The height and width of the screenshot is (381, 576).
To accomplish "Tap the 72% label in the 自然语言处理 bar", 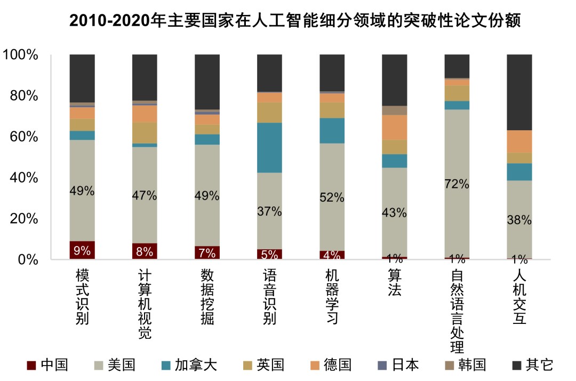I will pyautogui.click(x=457, y=185).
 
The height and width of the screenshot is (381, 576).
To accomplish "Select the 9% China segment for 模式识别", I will pyautogui.click(x=82, y=250).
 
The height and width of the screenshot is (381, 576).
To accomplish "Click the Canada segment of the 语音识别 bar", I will pyautogui.click(x=269, y=147).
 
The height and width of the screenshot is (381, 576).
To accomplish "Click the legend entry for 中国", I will pyautogui.click(x=48, y=365).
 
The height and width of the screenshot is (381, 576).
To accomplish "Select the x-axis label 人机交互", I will pyautogui.click(x=519, y=297).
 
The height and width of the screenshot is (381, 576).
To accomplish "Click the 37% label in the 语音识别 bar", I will pyautogui.click(x=269, y=211).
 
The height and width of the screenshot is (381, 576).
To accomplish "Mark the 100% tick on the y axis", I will pyautogui.click(x=20, y=54).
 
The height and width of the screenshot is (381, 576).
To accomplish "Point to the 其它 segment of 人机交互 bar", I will pyautogui.click(x=519, y=92).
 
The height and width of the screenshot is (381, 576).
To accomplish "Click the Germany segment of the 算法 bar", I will pyautogui.click(x=395, y=127).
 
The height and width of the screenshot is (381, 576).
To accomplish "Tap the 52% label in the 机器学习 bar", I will pyautogui.click(x=332, y=197).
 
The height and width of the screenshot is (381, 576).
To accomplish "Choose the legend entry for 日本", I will pyautogui.click(x=398, y=365).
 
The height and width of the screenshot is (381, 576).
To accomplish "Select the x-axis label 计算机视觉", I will pyautogui.click(x=145, y=304).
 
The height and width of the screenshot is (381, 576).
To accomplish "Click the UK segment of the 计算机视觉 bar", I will pyautogui.click(x=145, y=132).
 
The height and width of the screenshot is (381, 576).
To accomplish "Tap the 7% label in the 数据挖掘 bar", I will pyautogui.click(x=207, y=253).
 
